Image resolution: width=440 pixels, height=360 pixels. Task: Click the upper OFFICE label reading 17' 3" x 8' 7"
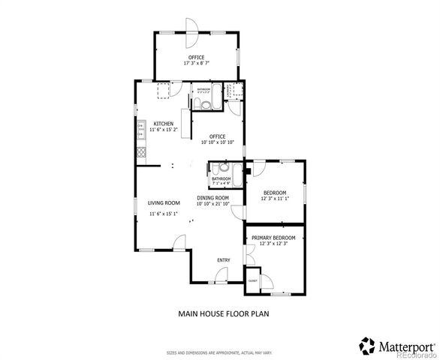pyautogui.click(x=197, y=63)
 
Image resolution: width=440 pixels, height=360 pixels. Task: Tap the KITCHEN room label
pyautogui.click(x=164, y=124)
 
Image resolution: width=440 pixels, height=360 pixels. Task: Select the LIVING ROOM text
pyautogui.click(x=164, y=202)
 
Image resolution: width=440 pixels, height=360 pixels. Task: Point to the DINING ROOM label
pyautogui.click(x=212, y=198)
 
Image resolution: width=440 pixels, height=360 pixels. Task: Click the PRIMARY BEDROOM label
pyautogui.click(x=273, y=238)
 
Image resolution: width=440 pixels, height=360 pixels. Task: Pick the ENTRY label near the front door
pyautogui.click(x=223, y=260)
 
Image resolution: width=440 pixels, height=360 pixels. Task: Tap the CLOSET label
pyautogui.click(x=252, y=280)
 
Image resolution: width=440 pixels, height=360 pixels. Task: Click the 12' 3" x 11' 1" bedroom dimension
pyautogui.click(x=274, y=199)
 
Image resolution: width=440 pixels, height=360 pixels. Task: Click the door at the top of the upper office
pyautogui.click(x=190, y=37)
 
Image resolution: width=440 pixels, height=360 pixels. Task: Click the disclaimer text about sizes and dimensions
pyautogui.click(x=219, y=351)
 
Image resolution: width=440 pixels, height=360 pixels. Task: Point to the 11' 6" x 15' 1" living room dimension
pyautogui.click(x=164, y=214)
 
